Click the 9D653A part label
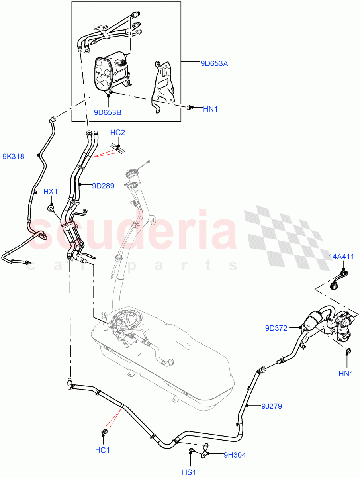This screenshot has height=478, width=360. pos(214,63)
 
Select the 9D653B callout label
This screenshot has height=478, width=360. pos(108,112)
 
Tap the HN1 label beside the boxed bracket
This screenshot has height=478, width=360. pos(211,108)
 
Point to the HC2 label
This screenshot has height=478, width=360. pos(117,133)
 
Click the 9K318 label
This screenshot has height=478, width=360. pos(13,156)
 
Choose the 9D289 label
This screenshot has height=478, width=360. pos(103,185)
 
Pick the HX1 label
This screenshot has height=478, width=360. pos(51,192)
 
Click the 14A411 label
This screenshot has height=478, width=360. pos(341,257)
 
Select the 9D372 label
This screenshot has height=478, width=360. pos(276,328)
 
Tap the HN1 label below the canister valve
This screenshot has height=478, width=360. pos(346,374)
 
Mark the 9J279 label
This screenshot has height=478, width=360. pos(272,406)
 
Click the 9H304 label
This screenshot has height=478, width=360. pos(235,454)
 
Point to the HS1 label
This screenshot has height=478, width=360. pos(190,472)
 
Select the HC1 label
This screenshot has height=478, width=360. pos(102,450)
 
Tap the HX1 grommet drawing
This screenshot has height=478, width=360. pos(51,207)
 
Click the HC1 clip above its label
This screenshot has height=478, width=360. pos(105,432)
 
